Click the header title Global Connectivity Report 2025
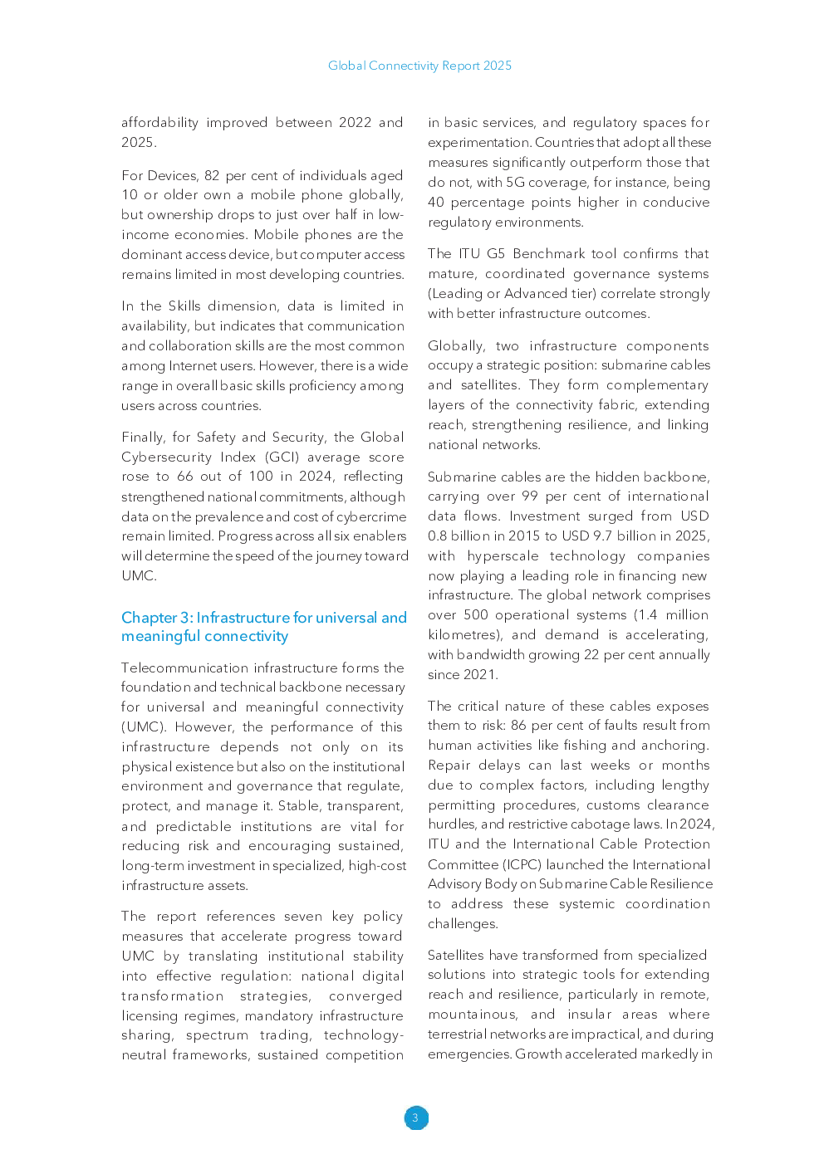pos(419,66)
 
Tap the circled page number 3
pos(415,1118)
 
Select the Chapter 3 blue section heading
pos(263,627)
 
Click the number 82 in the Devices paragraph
pos(212,175)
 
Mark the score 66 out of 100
pos(184,477)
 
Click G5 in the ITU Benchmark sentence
pos(496,254)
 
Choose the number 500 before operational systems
pos(476,615)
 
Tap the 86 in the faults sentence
pos(518,726)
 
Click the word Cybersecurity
pos(166,457)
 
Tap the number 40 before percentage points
pos(436,203)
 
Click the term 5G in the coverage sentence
pos(515,183)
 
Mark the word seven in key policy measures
pos(303,917)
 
